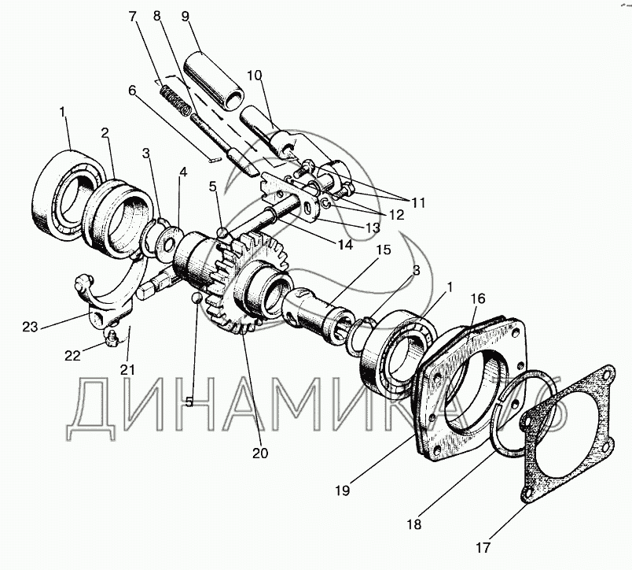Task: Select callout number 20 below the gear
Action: pos(259,453)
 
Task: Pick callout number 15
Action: pos(383,250)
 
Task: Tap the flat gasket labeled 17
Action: pos(569,441)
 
